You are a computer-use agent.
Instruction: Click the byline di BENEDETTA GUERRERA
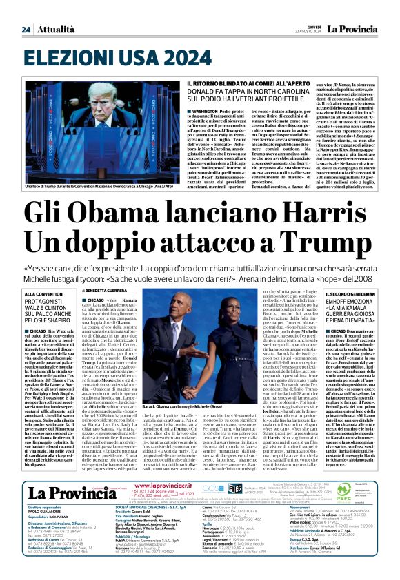pyautogui.click(x=110, y=292)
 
